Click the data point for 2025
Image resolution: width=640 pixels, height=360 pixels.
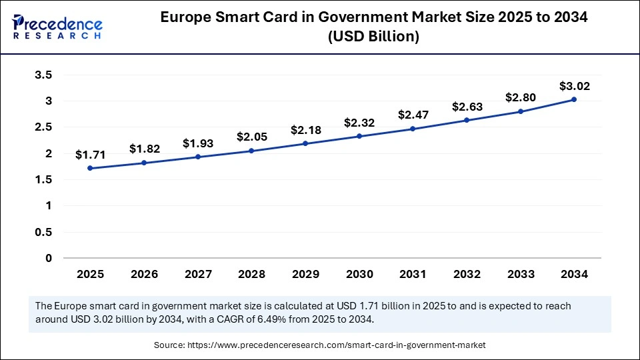tap(90, 168)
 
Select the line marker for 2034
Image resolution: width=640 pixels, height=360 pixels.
tap(574, 99)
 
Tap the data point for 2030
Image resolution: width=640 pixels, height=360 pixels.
tap(359, 136)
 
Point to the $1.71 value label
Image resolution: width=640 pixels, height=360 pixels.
tap(90, 155)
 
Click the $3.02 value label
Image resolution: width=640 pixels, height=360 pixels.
tap(574, 86)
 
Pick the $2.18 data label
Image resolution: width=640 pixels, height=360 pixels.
tap(305, 130)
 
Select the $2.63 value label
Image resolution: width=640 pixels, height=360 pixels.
tap(467, 107)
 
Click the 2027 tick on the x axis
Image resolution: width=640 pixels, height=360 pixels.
tap(197, 274)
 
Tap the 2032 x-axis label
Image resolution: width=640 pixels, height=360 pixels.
tap(467, 274)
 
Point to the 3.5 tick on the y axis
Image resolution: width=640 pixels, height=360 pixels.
tap(43, 75)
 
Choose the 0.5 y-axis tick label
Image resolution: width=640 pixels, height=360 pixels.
tap(43, 232)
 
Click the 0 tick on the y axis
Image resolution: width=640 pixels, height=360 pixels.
tap(48, 258)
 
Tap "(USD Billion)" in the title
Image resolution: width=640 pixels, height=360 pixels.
tap(373, 37)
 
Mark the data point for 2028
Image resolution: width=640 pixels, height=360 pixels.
tap(251, 151)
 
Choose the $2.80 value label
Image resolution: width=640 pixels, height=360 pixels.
tap(520, 97)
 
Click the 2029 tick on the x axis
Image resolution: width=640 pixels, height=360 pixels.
tap(305, 274)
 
